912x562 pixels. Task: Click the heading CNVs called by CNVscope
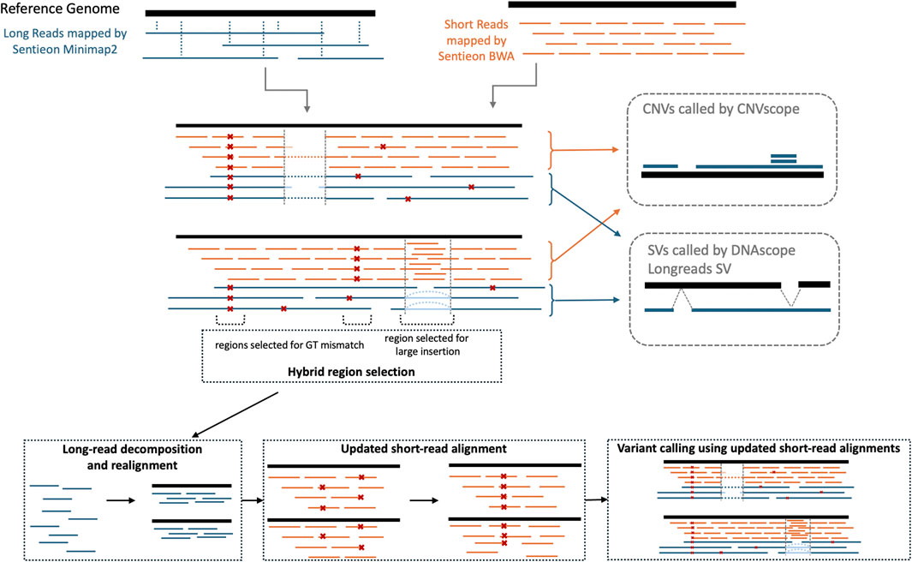pos(721,111)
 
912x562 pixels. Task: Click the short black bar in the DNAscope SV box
pos(814,283)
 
